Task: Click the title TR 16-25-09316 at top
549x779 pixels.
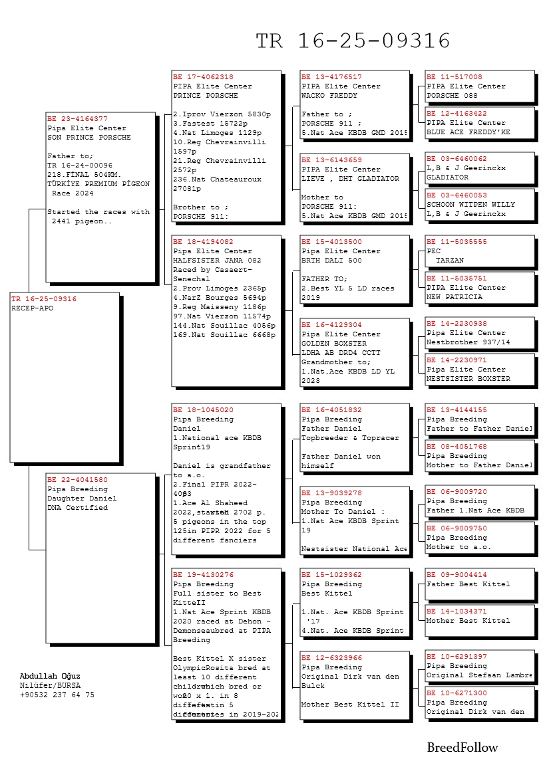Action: pos(353,41)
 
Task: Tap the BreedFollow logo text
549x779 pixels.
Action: pos(462,748)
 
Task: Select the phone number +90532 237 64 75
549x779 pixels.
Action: pos(57,695)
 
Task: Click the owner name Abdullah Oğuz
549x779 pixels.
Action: pos(50,676)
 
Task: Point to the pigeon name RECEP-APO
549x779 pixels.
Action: pos(32,308)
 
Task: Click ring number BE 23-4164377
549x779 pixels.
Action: pos(77,119)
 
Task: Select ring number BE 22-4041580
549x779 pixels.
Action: pos(77,480)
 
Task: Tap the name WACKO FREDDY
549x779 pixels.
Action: pos(329,96)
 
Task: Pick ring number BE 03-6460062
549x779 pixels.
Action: pos(457,160)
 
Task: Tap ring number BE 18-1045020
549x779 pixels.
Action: pos(203,410)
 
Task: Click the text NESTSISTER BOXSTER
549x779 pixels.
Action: pos(468,379)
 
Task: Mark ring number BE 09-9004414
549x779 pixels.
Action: pos(457,575)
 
